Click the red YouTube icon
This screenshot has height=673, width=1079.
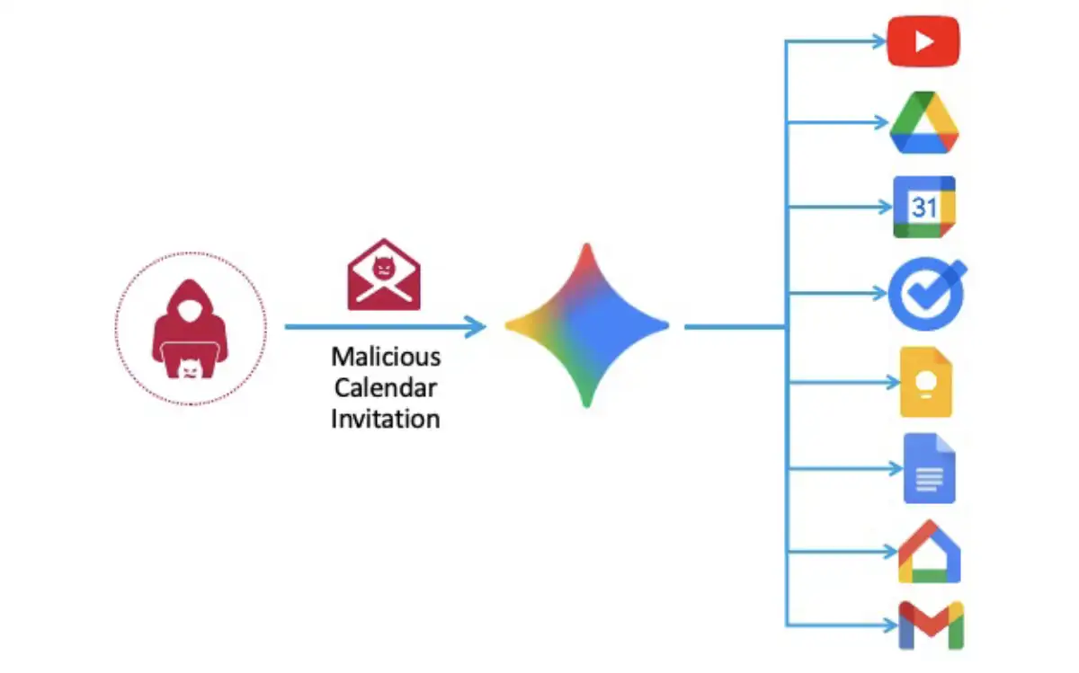[923, 42]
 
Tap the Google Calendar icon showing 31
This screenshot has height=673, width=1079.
[924, 208]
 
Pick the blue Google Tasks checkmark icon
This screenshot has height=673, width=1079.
[925, 295]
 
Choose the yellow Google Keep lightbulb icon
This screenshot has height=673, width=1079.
[925, 382]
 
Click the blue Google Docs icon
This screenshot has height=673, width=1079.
[929, 468]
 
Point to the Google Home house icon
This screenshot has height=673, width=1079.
[929, 552]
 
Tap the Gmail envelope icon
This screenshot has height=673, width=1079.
[931, 624]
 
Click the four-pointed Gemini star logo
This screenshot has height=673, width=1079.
[586, 325]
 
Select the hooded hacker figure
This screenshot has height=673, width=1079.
[191, 328]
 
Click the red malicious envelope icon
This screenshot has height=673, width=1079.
[384, 274]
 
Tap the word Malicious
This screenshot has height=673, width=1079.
[386, 357]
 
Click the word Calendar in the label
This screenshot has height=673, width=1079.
[386, 387]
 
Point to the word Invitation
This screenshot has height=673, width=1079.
[386, 418]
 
